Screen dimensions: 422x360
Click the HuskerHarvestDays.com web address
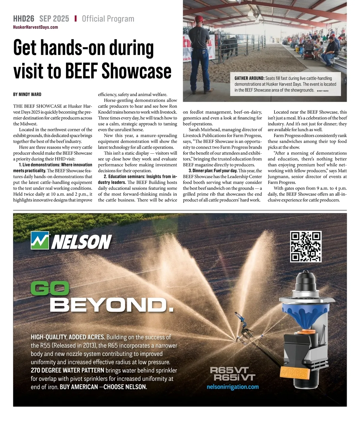35,27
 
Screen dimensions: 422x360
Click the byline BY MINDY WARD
27,94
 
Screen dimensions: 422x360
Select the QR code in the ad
306,246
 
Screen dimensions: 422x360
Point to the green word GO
50,289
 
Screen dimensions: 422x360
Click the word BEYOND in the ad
111,305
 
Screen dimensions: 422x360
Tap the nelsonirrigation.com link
232,387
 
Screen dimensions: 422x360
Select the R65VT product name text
229,370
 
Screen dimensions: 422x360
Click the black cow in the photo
229,47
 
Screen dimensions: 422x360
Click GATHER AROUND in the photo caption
249,78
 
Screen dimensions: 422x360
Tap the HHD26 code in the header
24,19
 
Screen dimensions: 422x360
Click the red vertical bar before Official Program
76,19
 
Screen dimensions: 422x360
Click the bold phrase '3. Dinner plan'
200,171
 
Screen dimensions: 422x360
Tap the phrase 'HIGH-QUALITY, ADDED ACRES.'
68,337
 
